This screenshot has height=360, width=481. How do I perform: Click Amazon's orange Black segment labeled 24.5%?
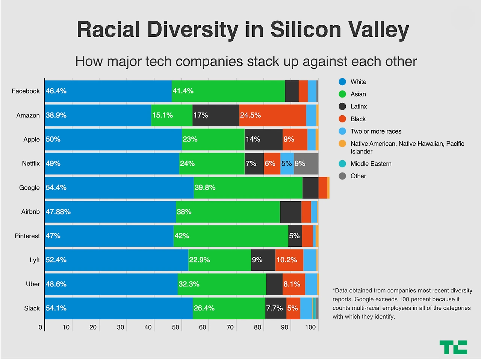click(x=272, y=115)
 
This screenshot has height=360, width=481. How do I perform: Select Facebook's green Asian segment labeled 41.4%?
click(x=228, y=91)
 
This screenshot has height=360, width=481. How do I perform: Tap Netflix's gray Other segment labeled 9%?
click(x=306, y=164)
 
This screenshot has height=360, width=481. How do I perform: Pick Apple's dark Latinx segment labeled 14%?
click(x=263, y=139)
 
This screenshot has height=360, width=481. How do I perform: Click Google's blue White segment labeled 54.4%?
click(x=119, y=188)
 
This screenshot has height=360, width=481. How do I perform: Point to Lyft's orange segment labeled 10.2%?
click(x=289, y=260)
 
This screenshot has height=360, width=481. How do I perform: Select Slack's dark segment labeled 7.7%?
click(x=275, y=308)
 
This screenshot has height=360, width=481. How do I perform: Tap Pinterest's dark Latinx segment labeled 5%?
click(x=295, y=236)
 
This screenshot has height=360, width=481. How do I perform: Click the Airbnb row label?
click(x=30, y=212)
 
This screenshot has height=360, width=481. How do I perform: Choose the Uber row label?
click(x=33, y=284)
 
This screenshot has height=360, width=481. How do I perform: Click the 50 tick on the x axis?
click(x=175, y=327)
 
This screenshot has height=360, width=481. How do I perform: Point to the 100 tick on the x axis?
click(x=310, y=327)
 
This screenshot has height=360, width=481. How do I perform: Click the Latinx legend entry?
click(x=358, y=107)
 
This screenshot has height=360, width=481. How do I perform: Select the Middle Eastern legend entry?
click(x=371, y=164)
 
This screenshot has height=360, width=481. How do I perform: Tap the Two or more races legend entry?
click(x=375, y=131)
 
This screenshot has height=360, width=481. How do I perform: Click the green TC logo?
click(x=453, y=347)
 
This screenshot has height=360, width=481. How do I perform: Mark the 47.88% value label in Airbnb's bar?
click(x=58, y=212)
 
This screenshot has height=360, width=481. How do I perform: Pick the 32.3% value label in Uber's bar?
click(x=189, y=284)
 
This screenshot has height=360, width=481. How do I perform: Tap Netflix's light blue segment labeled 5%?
click(x=287, y=164)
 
